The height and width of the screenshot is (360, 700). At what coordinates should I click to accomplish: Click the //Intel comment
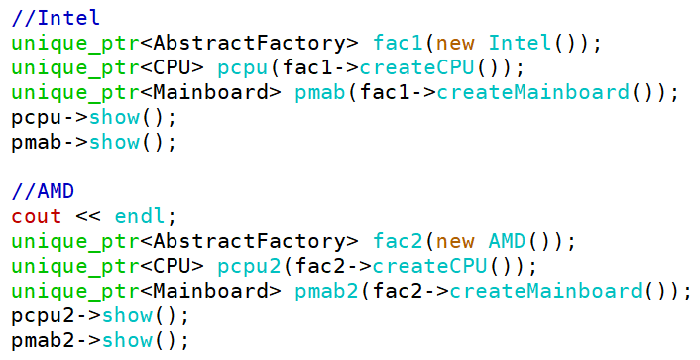tap(56, 18)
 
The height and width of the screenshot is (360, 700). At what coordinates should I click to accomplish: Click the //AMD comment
tap(43, 192)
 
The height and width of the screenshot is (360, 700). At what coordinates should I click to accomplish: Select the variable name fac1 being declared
tap(398, 43)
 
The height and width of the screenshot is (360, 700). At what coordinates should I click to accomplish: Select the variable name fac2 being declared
tap(398, 242)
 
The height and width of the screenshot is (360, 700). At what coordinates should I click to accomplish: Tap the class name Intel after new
tap(520, 43)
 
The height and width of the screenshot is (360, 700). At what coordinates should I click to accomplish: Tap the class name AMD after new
tap(507, 242)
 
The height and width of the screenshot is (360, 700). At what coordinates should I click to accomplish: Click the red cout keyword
tap(37, 217)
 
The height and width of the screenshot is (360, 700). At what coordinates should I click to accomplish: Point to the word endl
tap(140, 216)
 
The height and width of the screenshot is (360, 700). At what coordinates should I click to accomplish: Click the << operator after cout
tap(88, 217)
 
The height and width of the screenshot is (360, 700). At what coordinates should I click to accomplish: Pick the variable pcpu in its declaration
tap(242, 67)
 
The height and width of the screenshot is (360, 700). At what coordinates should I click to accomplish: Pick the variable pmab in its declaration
tap(320, 92)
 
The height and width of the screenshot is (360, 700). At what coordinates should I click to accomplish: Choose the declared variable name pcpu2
tap(249, 267)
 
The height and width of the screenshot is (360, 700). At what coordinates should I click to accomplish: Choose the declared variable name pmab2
tap(326, 292)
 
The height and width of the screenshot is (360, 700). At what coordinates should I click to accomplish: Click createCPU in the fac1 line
tap(416, 67)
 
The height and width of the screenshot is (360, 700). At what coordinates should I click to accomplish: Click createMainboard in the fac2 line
tap(545, 292)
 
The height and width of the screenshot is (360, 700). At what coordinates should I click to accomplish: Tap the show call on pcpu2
tap(127, 316)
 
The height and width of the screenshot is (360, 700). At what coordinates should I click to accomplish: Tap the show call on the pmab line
tap(114, 142)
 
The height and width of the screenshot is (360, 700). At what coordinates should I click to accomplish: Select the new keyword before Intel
tap(455, 44)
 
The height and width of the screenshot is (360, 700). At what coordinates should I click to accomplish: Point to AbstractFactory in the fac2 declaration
tap(249, 242)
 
